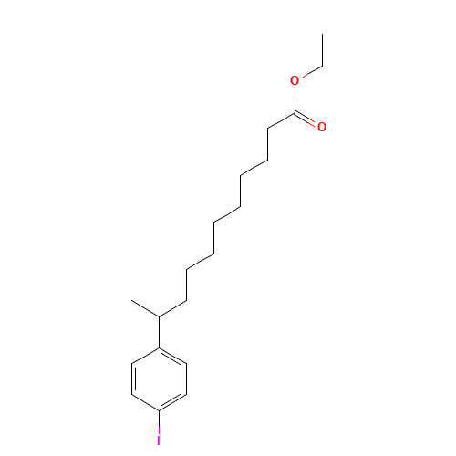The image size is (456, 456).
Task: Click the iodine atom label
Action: pos(159,440)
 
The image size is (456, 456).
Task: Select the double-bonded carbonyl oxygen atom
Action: pos(322,127)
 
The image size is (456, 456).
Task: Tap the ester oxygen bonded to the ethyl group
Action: pos(295,80)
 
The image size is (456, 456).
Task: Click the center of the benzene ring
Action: pos(159,379)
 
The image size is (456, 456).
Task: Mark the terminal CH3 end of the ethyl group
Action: pos(322,34)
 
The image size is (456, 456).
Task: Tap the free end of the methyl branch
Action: pos(131,300)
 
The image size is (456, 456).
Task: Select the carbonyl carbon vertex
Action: pos(295,113)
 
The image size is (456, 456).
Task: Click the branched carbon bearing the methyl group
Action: pos(159,316)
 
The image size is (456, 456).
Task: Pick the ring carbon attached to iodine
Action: pos(159,410)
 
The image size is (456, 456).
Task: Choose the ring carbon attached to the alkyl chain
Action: pos(159,347)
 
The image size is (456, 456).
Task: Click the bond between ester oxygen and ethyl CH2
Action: pos(313,71)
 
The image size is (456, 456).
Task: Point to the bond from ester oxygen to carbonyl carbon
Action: pos(295,100)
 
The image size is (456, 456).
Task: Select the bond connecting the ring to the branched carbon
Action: pos(159,332)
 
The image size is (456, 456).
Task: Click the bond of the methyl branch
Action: pos(145,308)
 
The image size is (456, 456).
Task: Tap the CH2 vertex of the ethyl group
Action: pos(322,66)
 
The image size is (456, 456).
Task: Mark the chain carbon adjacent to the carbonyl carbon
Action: pos(267,129)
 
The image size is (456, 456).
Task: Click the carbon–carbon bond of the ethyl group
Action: pos(322,50)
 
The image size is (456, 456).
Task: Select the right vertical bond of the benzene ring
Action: pos(186,379)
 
